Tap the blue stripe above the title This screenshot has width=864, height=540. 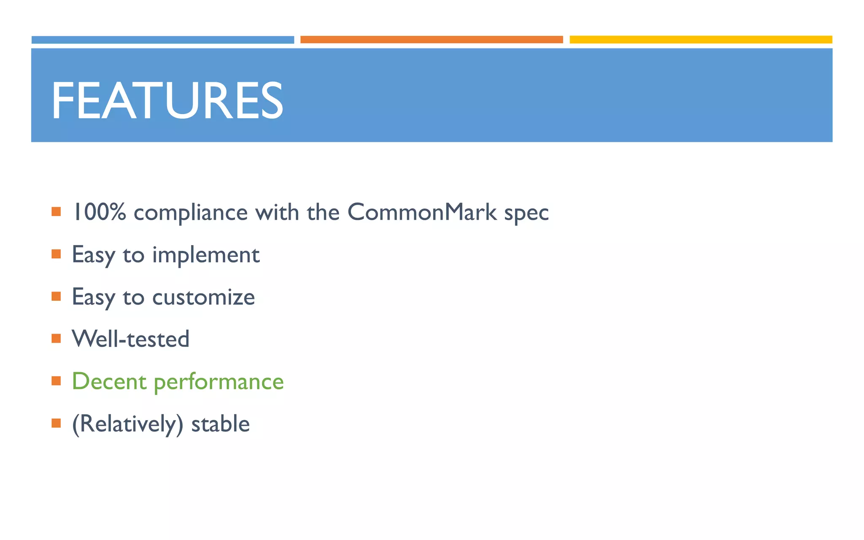pos(162,40)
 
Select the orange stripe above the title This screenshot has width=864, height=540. pos(431,40)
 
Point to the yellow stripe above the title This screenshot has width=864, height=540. pos(700,40)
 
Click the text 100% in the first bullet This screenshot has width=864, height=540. pos(99,212)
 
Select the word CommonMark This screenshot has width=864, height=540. pos(422,212)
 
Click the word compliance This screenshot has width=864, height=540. pos(190,213)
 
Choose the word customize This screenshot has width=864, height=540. pos(203,297)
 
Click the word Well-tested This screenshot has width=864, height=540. pos(131,339)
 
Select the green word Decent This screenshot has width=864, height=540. pos(109,381)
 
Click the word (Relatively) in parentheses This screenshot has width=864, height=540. pos(127,424)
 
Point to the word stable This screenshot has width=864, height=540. pos(220,424)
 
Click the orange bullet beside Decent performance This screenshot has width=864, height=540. pos(56,381)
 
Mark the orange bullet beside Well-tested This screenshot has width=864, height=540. pos(56,338)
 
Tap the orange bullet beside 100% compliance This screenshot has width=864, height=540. pos(56,211)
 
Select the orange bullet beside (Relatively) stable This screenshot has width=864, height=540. pos(56,423)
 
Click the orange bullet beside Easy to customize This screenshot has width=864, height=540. pos(56,296)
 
